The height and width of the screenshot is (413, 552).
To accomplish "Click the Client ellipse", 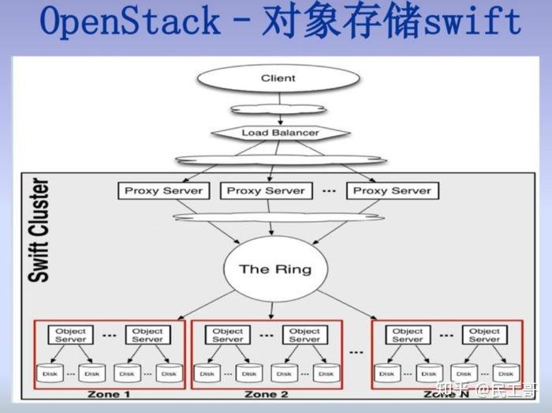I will point(278,78).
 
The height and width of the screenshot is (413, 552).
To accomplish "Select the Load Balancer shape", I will point(280,133).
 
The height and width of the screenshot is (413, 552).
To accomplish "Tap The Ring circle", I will point(275,269).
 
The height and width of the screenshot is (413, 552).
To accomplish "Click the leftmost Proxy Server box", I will point(163,190).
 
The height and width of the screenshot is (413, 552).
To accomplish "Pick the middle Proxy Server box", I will point(266,190).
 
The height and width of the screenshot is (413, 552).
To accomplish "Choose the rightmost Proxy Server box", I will point(392,190).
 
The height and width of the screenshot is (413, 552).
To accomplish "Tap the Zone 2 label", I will point(266,394).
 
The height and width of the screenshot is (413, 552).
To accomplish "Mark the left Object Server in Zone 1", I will point(71,335).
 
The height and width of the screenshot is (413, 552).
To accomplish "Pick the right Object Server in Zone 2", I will point(305,335).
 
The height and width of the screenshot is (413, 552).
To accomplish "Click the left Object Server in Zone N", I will point(408,335).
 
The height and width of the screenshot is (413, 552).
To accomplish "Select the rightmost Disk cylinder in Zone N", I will point(505,373).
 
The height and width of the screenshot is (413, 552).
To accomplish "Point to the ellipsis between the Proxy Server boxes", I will point(329,190).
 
